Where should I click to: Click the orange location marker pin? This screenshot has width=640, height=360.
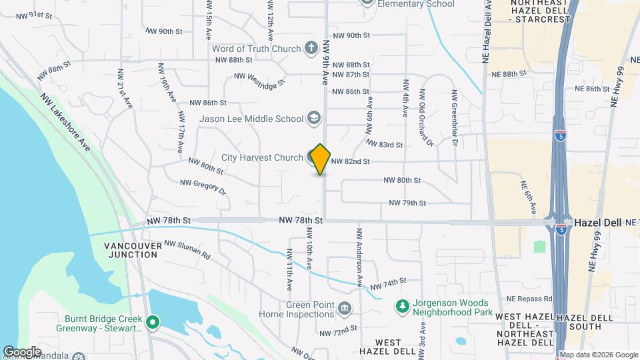click(x=321, y=159)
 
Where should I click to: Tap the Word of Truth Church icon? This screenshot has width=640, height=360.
click(x=311, y=48)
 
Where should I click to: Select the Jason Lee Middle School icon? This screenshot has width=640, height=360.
click(x=313, y=119)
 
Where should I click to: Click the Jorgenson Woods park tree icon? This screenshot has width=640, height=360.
click(x=402, y=306)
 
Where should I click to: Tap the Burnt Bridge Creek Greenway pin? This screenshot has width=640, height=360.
click(x=152, y=323)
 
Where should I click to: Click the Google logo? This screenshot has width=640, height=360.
click(x=21, y=352)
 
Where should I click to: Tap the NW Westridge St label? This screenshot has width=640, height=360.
click(x=259, y=79)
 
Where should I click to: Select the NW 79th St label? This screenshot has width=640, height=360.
click(x=407, y=203)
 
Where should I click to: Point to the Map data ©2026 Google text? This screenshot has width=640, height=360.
click(x=598, y=355)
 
